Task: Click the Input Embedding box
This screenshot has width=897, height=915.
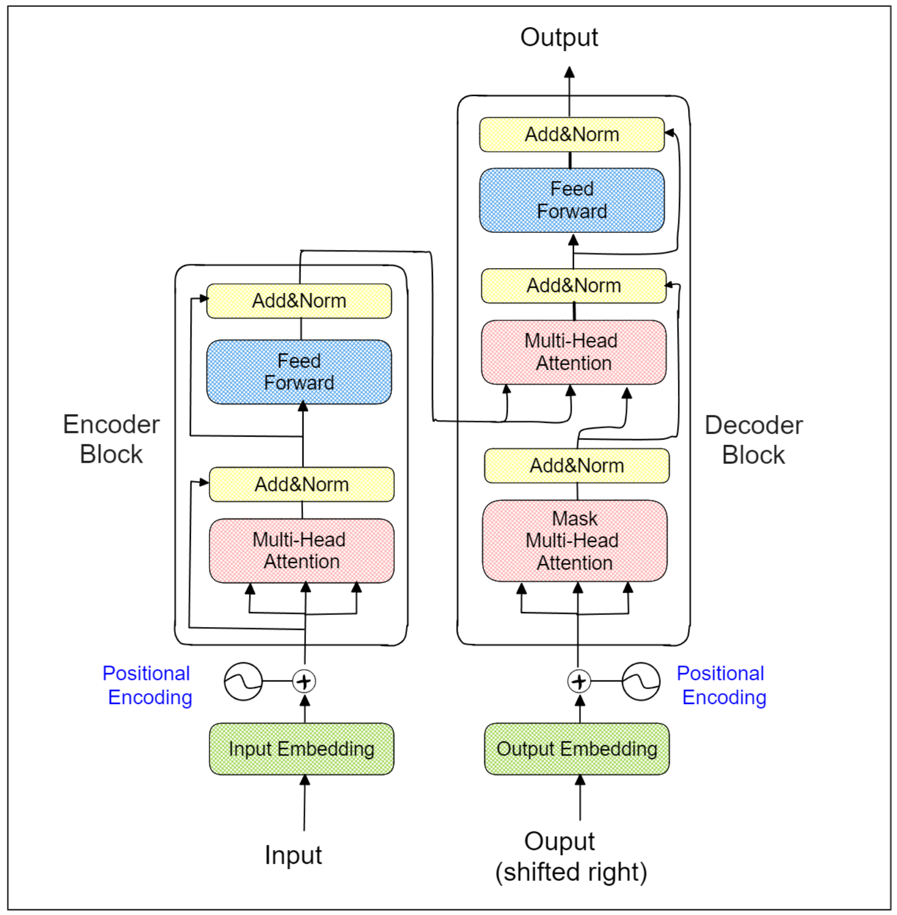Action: point(301,748)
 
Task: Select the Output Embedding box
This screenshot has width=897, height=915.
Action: point(577,748)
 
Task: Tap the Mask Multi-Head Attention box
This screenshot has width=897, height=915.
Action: point(574,540)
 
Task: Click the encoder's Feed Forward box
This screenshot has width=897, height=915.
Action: point(299,372)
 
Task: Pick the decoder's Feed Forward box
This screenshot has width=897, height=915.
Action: point(572,200)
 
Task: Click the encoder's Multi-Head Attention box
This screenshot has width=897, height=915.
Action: point(301,551)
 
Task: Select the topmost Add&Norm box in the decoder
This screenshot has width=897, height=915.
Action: point(572,134)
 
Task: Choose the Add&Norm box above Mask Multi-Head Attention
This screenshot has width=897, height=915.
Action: point(577,466)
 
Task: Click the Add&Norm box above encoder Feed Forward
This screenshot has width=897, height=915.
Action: point(299,301)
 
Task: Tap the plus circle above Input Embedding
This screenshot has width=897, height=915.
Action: point(304,682)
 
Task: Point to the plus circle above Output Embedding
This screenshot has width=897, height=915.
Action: point(579,682)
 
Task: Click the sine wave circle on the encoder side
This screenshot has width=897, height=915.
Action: point(243,682)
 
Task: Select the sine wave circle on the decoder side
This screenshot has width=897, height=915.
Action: point(641,682)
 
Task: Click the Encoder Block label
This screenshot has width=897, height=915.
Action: point(111,439)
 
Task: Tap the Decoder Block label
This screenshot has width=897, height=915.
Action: point(753,440)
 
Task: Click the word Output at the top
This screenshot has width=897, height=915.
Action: point(559,37)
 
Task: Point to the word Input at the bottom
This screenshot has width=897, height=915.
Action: point(293,855)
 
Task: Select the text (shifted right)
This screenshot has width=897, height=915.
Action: point(571,872)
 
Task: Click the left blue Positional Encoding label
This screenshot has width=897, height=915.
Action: point(148,685)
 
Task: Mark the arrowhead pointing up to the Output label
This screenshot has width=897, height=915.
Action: point(569,72)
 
